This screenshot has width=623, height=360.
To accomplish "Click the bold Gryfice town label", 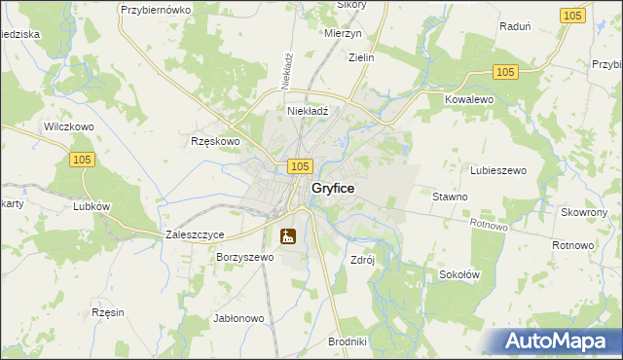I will pos(332,188).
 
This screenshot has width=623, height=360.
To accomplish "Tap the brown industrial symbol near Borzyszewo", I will pos(287,235).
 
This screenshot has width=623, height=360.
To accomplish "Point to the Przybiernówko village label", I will pos(156,9).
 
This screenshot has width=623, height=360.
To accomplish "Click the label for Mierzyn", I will pos(342,31).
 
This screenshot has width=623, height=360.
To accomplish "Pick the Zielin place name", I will pos(361,57).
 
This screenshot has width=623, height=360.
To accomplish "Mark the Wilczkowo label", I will pos(68,127).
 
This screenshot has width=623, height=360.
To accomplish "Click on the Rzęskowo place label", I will pos(214,141).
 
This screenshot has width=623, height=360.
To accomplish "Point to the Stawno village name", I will pos(450,197).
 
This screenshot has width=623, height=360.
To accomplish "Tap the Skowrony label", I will pos(584,212).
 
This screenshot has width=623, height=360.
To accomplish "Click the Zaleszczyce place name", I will pos(196,234).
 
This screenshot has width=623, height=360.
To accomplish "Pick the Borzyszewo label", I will pos(245,258).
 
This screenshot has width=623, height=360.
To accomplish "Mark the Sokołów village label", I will pos(459,274).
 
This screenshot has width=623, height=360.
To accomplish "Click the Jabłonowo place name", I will pos(238,318).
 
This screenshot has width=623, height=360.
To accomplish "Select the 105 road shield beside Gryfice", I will pos(300,167).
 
